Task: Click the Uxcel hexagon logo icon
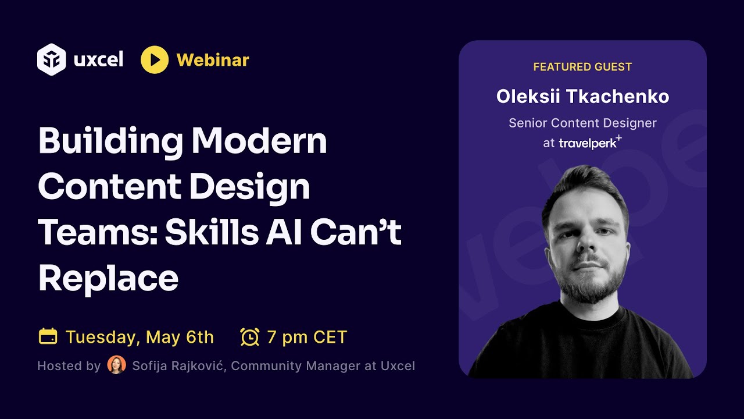[51, 59]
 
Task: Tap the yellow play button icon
[155, 60]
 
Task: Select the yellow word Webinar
[213, 60]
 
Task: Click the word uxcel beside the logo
[99, 60]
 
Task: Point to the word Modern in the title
[259, 141]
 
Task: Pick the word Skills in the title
[209, 233]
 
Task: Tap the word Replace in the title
[108, 279]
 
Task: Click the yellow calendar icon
[48, 336]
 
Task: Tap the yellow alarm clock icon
[249, 336]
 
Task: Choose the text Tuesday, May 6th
[139, 337]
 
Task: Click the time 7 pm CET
[307, 337]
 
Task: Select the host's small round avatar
[116, 365]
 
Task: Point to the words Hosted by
[69, 366]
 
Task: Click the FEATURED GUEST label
[582, 67]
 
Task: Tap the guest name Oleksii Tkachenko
[582, 97]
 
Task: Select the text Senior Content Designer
[582, 123]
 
